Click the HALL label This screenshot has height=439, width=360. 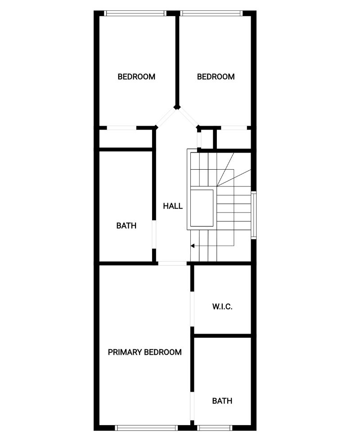tap(173, 206)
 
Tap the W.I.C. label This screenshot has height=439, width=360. tap(222, 307)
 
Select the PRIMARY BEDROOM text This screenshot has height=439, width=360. tap(144, 352)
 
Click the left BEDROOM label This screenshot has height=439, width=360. tap(136, 77)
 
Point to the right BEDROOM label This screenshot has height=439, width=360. tap(216, 77)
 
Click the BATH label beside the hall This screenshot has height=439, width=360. tap(126, 226)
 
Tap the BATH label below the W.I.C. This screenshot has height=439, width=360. tap(222, 401)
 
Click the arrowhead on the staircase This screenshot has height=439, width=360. tap(193, 246)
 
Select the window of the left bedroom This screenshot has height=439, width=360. tap(135, 14)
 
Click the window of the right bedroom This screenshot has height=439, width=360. tap(211, 14)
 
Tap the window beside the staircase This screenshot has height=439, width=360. tap(253, 215)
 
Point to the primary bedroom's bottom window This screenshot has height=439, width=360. tap(146, 428)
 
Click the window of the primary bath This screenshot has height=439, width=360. tap(215, 428)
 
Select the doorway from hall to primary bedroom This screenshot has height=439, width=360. tap(172, 263)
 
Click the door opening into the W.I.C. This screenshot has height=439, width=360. tap(192, 309)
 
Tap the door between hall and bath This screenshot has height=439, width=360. tap(154, 234)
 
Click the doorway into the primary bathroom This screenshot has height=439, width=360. tap(192, 406)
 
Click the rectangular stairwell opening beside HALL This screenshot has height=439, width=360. tap(202, 208)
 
